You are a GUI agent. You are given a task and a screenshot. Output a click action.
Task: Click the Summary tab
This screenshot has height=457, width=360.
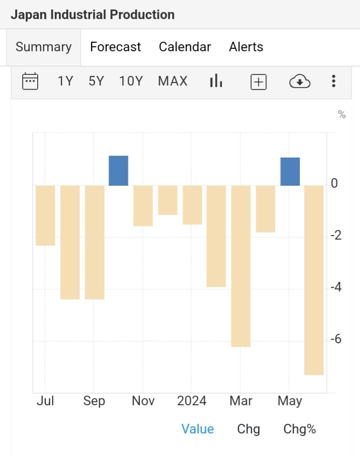[x=43, y=47]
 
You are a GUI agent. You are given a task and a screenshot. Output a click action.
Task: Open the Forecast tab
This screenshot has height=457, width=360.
[x=115, y=47]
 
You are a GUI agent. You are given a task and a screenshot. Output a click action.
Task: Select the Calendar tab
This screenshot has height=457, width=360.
[x=185, y=47]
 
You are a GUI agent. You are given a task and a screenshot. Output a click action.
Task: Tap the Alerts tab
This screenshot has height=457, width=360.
[x=246, y=47]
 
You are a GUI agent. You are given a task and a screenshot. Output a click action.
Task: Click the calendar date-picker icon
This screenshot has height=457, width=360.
[x=30, y=81]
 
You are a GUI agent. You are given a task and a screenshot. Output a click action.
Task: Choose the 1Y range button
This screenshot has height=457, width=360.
[x=65, y=81]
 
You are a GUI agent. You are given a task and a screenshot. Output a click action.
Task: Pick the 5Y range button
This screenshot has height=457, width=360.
[x=96, y=81]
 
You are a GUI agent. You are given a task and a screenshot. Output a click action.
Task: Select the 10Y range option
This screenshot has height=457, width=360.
[x=131, y=81]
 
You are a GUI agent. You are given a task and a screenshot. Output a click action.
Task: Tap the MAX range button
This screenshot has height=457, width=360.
[x=172, y=81]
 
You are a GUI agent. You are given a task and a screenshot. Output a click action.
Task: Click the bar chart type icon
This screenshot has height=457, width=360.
[x=216, y=81]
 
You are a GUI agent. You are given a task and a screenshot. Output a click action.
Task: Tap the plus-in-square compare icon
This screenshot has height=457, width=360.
[x=258, y=82]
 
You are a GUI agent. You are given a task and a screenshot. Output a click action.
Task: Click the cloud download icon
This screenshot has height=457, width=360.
[x=300, y=81]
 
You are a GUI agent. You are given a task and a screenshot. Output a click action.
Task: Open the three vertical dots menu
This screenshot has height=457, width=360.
[x=333, y=81]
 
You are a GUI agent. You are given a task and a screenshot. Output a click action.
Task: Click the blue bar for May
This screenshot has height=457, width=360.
[x=290, y=172]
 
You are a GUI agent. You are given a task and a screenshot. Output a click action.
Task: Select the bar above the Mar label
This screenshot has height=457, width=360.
[x=241, y=266]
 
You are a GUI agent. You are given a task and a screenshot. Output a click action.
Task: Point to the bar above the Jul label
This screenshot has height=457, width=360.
[x=45, y=215]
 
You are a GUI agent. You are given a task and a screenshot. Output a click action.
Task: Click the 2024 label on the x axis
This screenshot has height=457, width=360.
[x=192, y=401]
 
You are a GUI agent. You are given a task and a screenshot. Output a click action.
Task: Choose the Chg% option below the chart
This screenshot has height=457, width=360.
[x=300, y=429]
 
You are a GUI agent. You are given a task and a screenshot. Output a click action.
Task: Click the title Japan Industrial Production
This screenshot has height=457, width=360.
[x=93, y=15]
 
